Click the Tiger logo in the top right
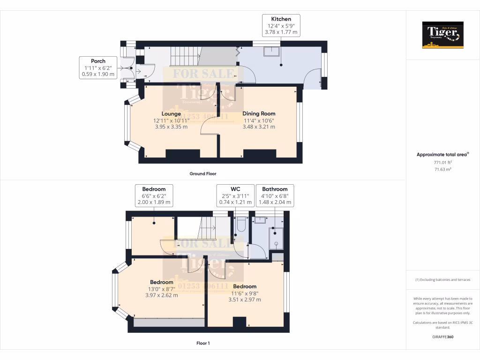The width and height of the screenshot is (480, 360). (x=442, y=35)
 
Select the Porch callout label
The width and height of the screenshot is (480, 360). (x=98, y=61)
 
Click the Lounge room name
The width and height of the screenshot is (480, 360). (x=171, y=113)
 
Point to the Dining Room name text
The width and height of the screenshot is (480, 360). (x=259, y=113)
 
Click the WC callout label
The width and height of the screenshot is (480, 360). (x=235, y=189)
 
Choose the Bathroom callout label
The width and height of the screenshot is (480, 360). (x=275, y=189)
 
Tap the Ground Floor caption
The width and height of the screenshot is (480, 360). (x=202, y=173)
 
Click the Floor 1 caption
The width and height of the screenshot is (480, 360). (x=202, y=343)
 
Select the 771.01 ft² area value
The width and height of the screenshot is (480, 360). (x=442, y=162)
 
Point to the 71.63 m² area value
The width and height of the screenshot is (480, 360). (x=442, y=169)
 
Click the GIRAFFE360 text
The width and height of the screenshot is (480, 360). (x=442, y=337)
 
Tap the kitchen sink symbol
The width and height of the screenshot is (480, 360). (x=271, y=52)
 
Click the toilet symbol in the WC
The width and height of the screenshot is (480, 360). (x=241, y=225)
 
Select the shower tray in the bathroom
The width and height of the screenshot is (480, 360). (x=277, y=238)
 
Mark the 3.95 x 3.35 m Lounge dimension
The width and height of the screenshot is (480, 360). (x=171, y=127)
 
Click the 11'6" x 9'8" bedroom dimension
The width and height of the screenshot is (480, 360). (x=244, y=293)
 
